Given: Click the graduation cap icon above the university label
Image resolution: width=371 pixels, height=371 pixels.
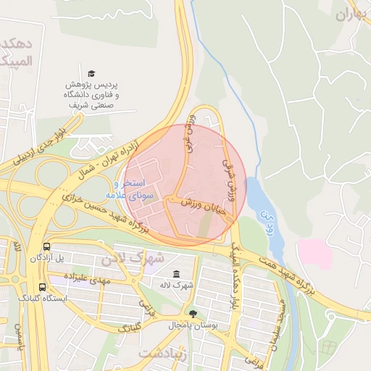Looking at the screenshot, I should [91, 73].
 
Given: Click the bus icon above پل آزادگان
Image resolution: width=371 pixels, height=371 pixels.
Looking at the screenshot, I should [47, 246].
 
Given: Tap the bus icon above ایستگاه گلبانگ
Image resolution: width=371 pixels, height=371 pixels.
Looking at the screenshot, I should [42, 287].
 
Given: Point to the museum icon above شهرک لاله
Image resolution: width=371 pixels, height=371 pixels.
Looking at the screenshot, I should [178, 273].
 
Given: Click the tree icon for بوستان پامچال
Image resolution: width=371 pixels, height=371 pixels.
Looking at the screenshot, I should [193, 314].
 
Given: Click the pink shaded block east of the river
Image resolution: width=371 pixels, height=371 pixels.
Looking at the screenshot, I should [314, 254].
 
